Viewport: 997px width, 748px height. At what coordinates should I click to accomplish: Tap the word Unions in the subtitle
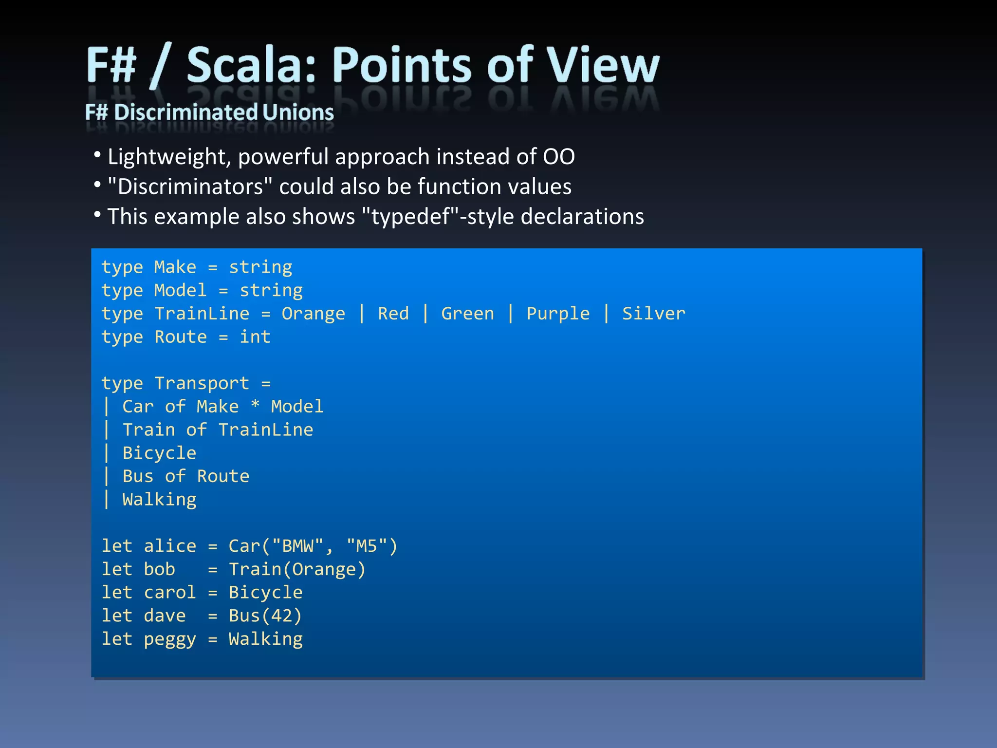[x=298, y=112]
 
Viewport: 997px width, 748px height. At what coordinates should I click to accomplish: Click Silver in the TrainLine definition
[x=653, y=313]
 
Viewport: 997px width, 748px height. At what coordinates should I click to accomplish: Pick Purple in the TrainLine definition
[x=558, y=313]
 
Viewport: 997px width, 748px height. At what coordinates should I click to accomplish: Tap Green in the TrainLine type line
[x=467, y=313]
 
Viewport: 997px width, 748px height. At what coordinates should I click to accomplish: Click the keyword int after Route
[x=255, y=337]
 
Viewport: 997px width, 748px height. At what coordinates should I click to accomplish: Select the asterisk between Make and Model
[x=255, y=406]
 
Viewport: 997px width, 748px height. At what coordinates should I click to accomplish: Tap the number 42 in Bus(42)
[x=281, y=616]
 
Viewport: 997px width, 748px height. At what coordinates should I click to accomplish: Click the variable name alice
[x=170, y=546]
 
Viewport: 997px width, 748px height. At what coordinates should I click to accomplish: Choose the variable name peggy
[x=170, y=639]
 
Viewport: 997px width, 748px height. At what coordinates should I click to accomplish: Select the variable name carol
[x=170, y=592]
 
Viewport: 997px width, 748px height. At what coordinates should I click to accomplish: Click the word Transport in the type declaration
[x=202, y=383]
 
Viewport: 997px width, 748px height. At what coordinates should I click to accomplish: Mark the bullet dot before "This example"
[x=97, y=215]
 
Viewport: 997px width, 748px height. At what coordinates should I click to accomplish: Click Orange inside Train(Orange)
[x=324, y=569]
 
